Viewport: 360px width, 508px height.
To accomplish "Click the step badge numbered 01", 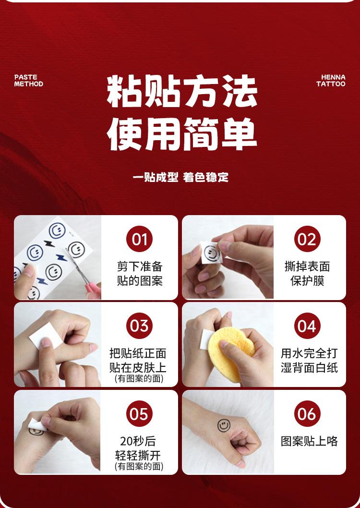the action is pyautogui.click(x=139, y=239).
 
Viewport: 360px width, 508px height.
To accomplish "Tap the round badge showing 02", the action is pyautogui.click(x=307, y=239).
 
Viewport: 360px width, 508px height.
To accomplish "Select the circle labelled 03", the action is pyautogui.click(x=139, y=326).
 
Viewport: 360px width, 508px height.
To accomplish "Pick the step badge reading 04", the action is pyautogui.click(x=307, y=326).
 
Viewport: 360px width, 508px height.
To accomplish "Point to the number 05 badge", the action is pyautogui.click(x=139, y=414).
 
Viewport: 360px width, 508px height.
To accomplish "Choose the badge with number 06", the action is pyautogui.click(x=307, y=414).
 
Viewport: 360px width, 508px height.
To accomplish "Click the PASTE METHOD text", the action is pyautogui.click(x=28, y=80).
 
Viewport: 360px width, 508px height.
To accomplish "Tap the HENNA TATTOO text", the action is pyautogui.click(x=331, y=80).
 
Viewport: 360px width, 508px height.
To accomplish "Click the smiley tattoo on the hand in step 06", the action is pyautogui.click(x=224, y=425).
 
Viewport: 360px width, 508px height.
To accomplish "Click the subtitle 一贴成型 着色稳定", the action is pyautogui.click(x=180, y=177).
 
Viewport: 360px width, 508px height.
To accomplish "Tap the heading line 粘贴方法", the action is pyautogui.click(x=182, y=91).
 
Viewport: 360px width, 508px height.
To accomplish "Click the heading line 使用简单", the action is pyautogui.click(x=182, y=134).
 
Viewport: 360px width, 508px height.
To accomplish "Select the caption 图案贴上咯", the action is pyautogui.click(x=309, y=441).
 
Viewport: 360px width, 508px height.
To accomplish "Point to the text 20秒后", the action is pyautogui.click(x=138, y=441).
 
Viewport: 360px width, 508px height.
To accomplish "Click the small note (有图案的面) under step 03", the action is pyautogui.click(x=139, y=378).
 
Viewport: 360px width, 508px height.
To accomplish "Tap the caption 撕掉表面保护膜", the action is pyautogui.click(x=307, y=274).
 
